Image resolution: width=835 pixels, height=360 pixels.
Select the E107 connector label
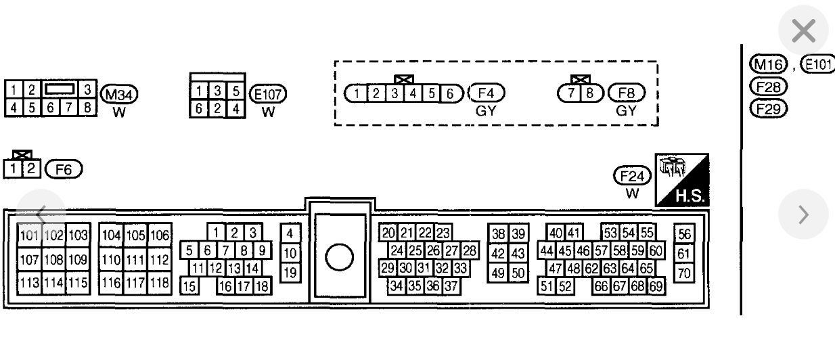268,93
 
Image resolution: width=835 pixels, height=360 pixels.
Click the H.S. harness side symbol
682,180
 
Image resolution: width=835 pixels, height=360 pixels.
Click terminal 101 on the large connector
29,235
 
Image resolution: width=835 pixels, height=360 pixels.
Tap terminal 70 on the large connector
683,274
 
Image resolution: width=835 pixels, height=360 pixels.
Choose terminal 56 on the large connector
683,235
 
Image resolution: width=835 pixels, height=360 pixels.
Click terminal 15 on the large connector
188,286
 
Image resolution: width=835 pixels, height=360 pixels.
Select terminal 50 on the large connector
518,273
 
